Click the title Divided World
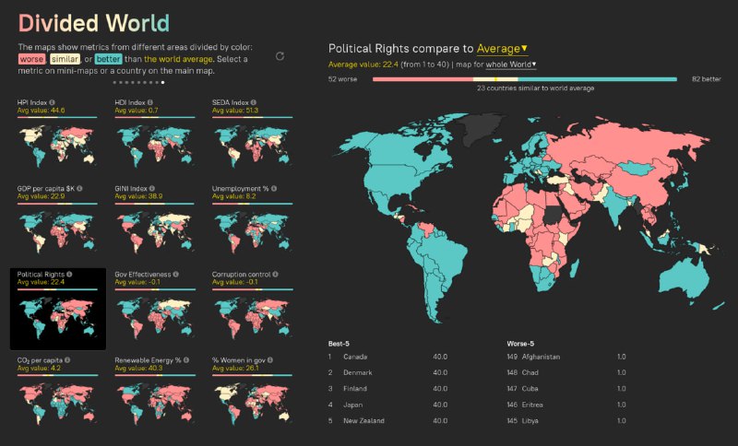(93, 22)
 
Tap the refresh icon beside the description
(280, 56)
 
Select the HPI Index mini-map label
(35, 102)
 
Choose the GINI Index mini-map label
(134, 188)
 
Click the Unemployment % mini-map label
(241, 188)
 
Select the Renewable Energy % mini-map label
(148, 360)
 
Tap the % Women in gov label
(243, 360)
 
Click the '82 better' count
(707, 79)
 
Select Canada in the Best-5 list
(355, 357)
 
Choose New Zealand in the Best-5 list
(363, 421)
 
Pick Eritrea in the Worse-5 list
(540, 405)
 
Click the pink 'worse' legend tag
(31, 59)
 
